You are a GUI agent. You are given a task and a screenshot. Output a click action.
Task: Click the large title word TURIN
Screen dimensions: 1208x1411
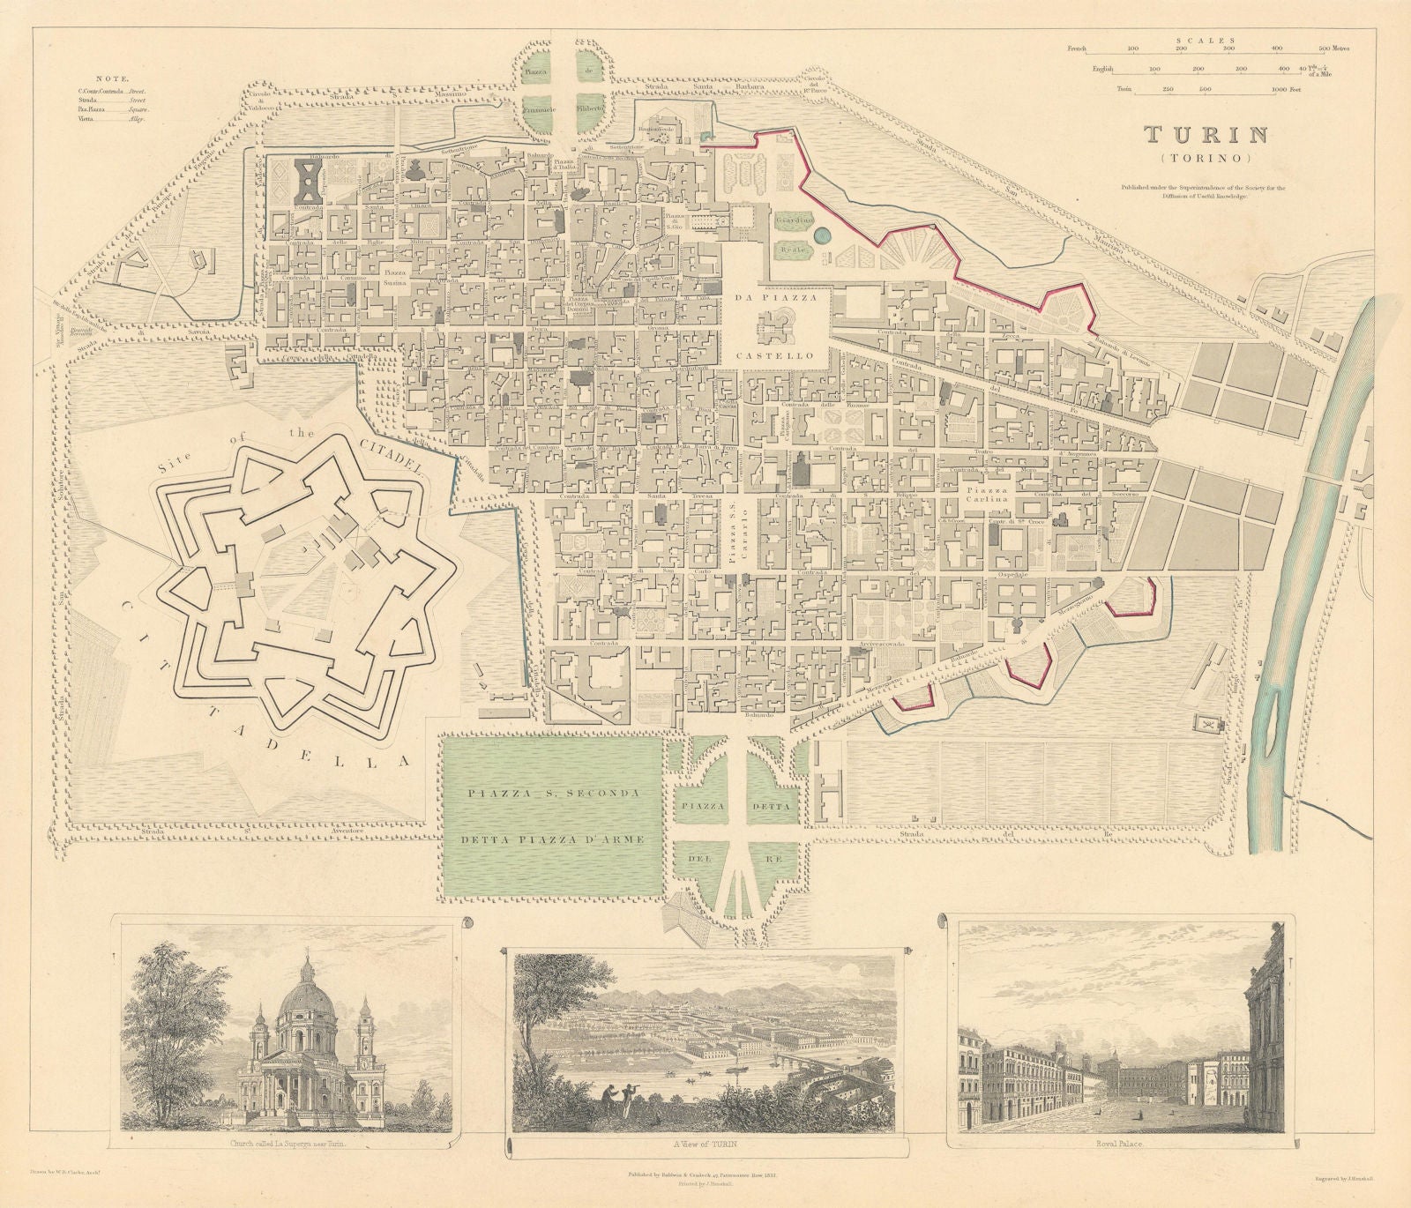coord(1206,135)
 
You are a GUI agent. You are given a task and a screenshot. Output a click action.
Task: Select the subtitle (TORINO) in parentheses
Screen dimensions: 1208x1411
coord(1206,159)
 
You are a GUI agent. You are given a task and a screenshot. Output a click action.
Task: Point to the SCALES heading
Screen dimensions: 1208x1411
coord(1203,39)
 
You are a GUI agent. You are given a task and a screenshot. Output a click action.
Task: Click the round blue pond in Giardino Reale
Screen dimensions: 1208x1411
coord(823,235)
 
